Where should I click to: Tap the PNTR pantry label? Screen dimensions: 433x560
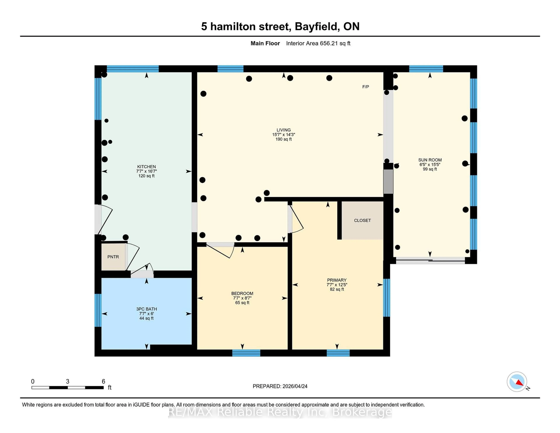pos(113,257)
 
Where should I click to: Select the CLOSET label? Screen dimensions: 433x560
pos(362,220)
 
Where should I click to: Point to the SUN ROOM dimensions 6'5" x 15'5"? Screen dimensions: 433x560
pos(430,164)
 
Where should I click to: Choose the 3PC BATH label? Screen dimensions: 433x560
pos(146,309)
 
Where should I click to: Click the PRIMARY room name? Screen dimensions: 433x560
pos(337,280)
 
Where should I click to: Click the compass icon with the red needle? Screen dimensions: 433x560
pos(517,382)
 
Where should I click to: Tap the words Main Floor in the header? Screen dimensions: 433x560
pos(265,43)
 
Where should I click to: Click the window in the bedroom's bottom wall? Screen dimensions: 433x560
pos(246,353)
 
